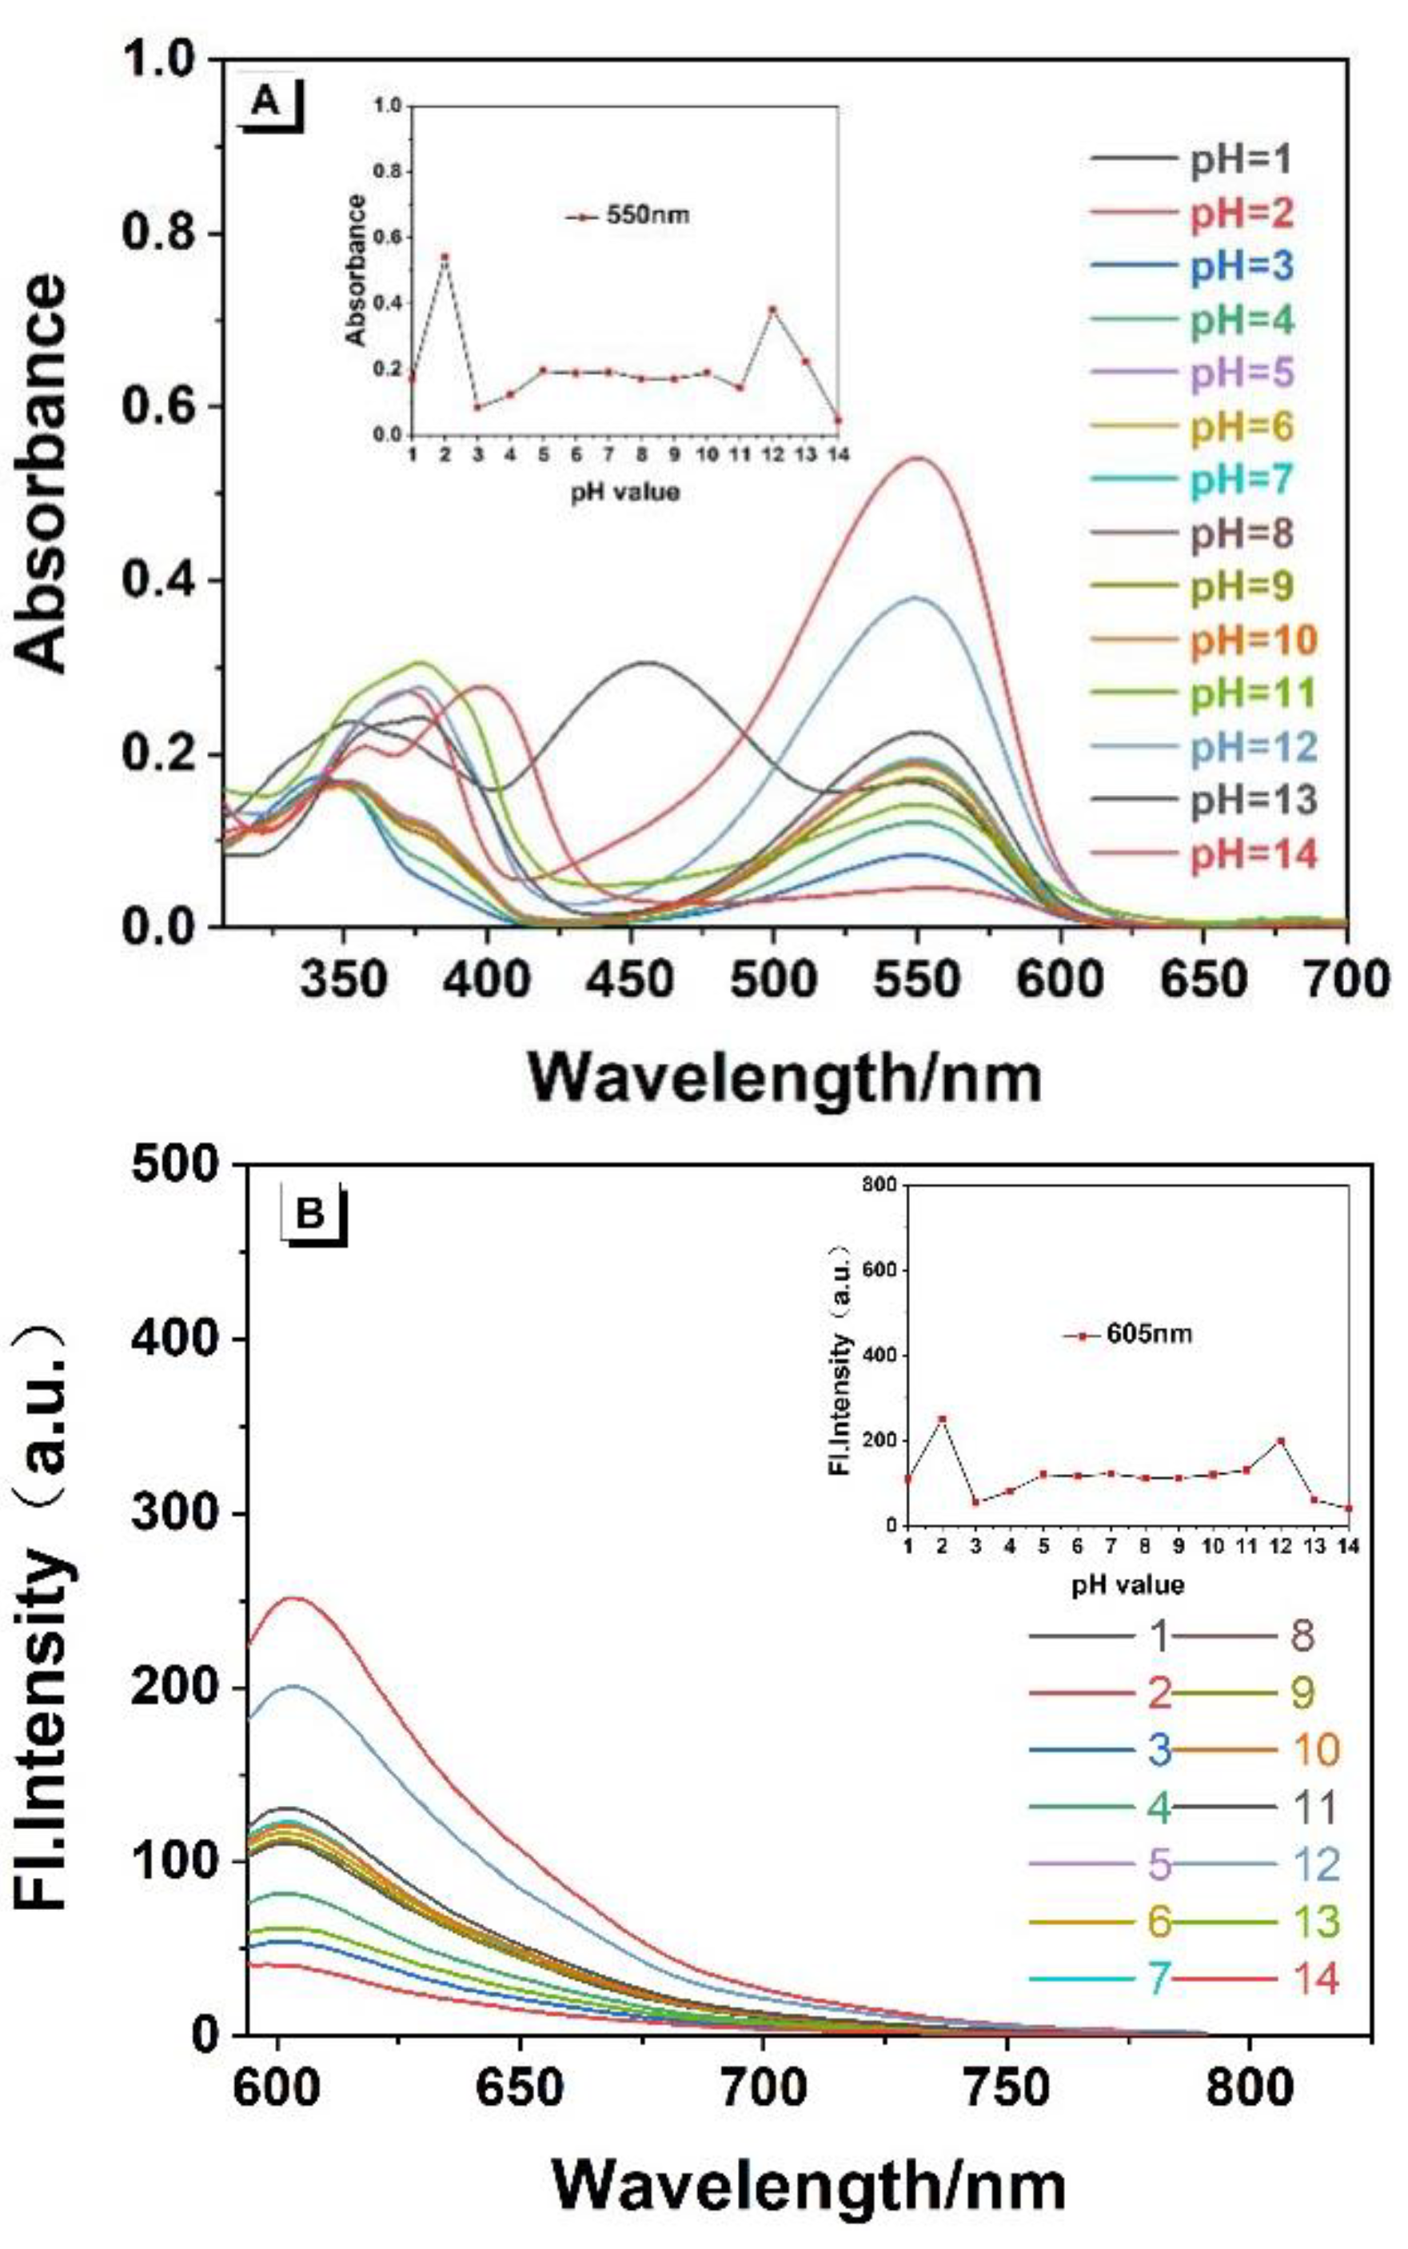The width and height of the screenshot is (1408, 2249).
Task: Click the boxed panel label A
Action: tap(266, 101)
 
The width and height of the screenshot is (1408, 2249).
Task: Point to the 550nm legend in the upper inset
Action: tap(629, 216)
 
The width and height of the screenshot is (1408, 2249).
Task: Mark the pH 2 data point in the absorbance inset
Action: tap(445, 256)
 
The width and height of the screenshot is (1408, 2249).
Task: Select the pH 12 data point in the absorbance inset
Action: tap(772, 310)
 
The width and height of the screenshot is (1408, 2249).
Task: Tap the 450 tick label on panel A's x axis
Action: tap(630, 980)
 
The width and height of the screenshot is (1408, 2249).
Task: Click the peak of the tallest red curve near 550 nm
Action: tap(918, 457)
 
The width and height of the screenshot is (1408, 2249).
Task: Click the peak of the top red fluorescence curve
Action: tap(294, 1598)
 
